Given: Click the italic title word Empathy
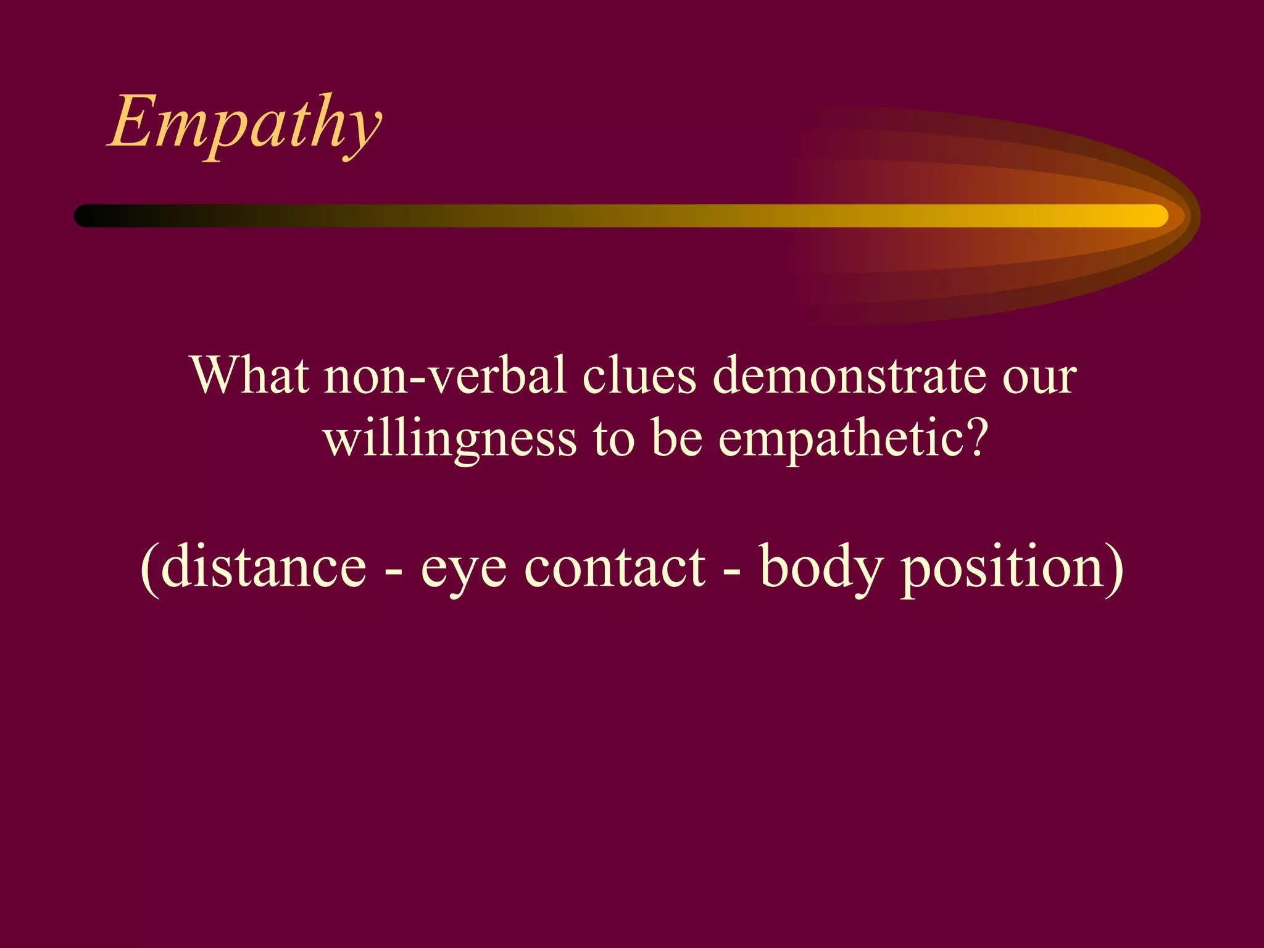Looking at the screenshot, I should (x=245, y=123).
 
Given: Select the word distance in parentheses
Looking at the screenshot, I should (x=264, y=567).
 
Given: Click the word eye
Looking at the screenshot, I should (x=464, y=571).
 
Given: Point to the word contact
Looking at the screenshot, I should (x=614, y=567).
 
